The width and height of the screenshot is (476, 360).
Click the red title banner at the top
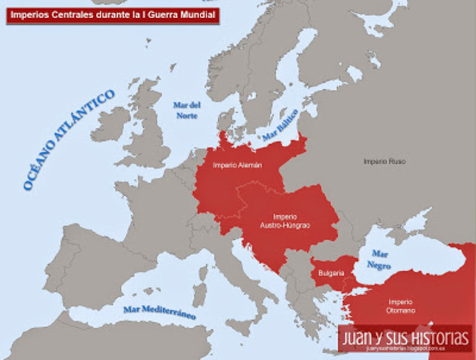click(112, 15)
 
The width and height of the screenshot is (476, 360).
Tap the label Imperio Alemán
click(237, 165)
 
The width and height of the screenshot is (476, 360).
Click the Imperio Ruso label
click(384, 161)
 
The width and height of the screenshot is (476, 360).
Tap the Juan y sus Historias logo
click(405, 338)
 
